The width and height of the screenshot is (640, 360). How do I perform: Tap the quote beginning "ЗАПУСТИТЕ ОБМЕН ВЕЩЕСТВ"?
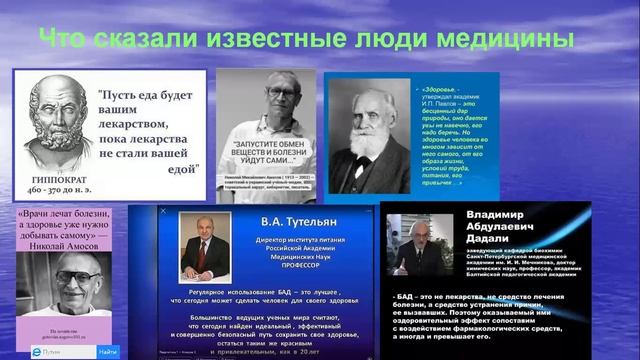[x=268, y=166]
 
